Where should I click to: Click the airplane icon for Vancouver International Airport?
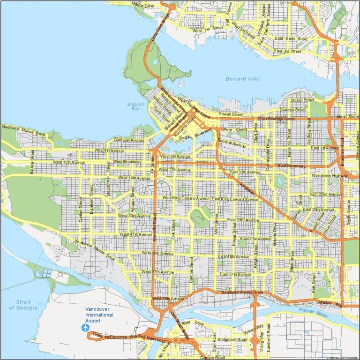pos(85,327)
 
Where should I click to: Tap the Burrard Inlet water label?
pos(242,79)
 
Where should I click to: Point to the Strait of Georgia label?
pos(23,305)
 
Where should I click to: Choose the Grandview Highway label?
pos(330,176)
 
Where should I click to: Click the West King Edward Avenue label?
pos(186,198)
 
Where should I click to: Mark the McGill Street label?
pos(302,100)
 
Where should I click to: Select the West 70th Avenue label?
pos(167,299)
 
